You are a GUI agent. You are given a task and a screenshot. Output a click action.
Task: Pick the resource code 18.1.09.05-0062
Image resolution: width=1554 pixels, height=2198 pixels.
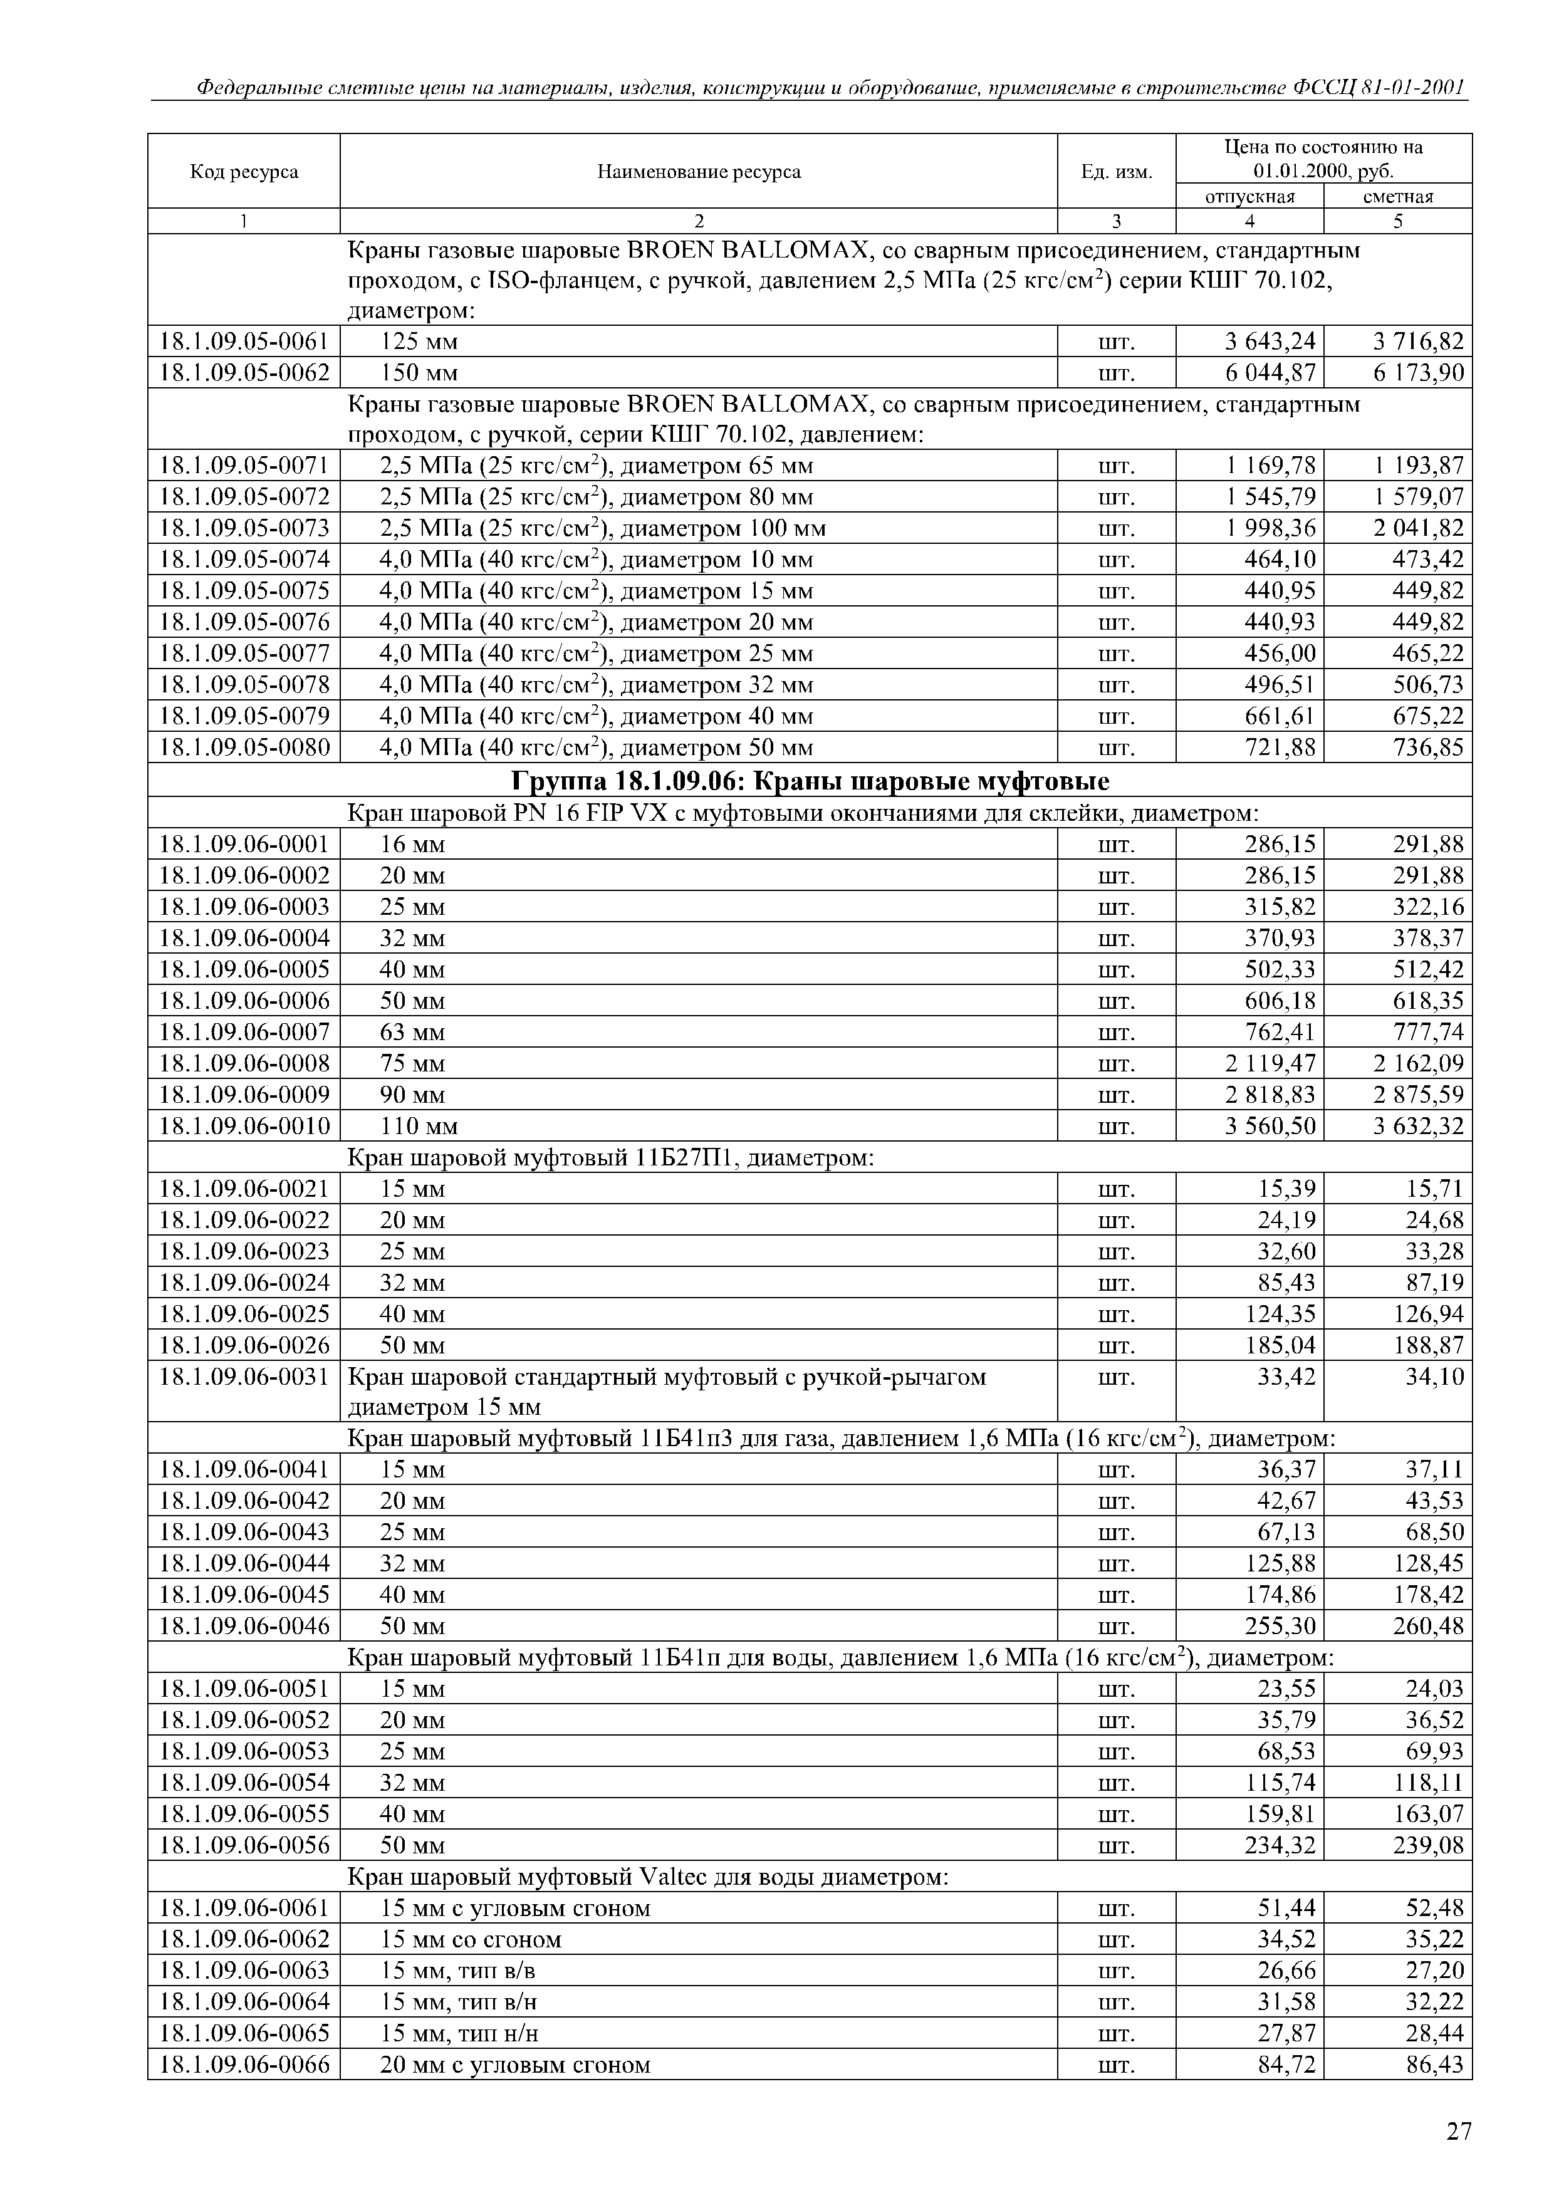(244, 372)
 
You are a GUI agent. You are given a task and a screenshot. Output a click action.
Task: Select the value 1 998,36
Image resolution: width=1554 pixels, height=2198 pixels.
(1271, 528)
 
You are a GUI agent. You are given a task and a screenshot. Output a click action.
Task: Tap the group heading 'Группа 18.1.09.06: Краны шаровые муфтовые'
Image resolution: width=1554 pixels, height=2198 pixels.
(810, 782)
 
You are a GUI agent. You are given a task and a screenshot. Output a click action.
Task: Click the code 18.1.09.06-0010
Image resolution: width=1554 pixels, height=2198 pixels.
(244, 1126)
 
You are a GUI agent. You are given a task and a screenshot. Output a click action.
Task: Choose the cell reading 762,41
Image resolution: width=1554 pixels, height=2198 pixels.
(1279, 1032)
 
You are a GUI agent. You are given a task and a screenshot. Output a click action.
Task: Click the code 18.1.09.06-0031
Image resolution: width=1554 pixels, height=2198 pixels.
(244, 1378)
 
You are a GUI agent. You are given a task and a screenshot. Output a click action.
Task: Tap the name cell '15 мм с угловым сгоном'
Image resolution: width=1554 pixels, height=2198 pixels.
(514, 1909)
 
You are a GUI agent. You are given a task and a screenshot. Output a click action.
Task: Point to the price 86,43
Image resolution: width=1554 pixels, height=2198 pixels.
(1434, 2065)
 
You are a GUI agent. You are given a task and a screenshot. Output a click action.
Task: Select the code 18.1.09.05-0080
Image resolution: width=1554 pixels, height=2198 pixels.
(244, 747)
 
